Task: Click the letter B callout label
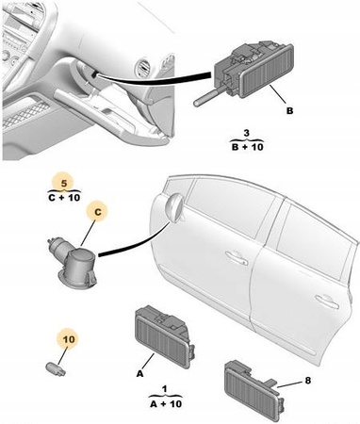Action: pyautogui.click(x=289, y=110)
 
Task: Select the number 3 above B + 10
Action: pyautogui.click(x=247, y=133)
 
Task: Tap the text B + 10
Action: pyautogui.click(x=248, y=147)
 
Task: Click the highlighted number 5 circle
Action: pyautogui.click(x=64, y=183)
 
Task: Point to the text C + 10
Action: pyautogui.click(x=64, y=198)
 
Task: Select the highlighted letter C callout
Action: pyautogui.click(x=98, y=212)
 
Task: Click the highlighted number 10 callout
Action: pyautogui.click(x=69, y=339)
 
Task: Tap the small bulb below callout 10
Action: pyautogui.click(x=56, y=368)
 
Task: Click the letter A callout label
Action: pyautogui.click(x=139, y=374)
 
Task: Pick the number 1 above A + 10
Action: pyautogui.click(x=165, y=389)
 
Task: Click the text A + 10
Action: pyautogui.click(x=166, y=403)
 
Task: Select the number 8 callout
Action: pyautogui.click(x=307, y=381)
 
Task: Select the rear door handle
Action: pyautogui.click(x=327, y=301)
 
